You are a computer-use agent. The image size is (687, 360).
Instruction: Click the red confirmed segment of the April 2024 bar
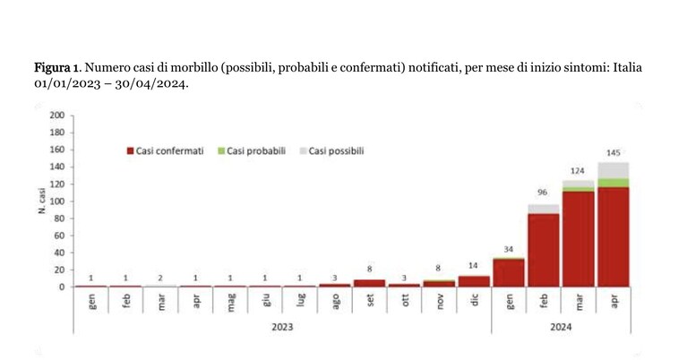(x=614, y=237)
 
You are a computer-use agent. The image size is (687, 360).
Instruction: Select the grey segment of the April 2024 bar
(x=614, y=170)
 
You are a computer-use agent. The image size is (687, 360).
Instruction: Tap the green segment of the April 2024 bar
(x=614, y=183)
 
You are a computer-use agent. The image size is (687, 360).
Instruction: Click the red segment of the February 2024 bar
(x=544, y=250)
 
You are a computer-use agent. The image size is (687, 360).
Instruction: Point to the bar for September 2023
(x=369, y=283)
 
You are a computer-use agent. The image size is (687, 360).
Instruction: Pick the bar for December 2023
(x=474, y=281)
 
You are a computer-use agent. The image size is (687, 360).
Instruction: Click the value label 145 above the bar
(x=614, y=153)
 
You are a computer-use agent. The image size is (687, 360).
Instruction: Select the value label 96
(x=543, y=193)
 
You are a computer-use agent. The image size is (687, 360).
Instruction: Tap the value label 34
(x=508, y=250)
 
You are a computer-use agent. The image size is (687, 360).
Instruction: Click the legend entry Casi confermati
(x=165, y=151)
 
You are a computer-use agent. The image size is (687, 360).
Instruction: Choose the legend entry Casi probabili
(x=252, y=151)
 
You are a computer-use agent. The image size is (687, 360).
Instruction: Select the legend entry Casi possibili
(x=331, y=151)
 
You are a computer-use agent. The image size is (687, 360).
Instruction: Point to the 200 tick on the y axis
(x=57, y=116)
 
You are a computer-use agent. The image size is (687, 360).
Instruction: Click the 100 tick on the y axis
(x=57, y=201)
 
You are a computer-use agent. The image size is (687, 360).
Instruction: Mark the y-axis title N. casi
(x=42, y=201)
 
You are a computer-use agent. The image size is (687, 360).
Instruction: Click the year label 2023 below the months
(x=282, y=327)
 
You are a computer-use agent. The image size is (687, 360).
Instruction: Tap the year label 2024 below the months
(x=561, y=327)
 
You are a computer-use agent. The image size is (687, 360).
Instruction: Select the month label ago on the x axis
(x=336, y=301)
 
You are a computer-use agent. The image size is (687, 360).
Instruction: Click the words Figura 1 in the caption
(x=57, y=68)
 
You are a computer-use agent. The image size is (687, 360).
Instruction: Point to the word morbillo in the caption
(x=198, y=68)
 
